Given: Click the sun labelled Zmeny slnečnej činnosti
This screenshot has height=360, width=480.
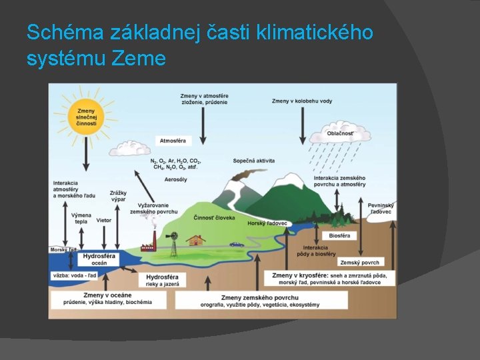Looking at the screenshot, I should tap(87, 117).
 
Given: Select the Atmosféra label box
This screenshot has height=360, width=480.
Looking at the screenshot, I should tap(173, 141).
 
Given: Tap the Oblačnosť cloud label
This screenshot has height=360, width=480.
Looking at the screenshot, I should tap(340, 133).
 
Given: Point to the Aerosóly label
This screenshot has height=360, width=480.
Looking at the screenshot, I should tap(174, 180).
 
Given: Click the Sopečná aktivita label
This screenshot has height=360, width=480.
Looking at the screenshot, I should tap(254, 161).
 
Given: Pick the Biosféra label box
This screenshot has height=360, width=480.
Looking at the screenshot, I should tap(339, 235).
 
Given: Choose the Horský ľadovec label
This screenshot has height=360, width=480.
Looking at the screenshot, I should tap(267, 223).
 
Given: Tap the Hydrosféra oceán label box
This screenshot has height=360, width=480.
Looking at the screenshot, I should tap(99, 259).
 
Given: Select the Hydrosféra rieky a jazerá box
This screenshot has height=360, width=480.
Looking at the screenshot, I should tap(162, 280).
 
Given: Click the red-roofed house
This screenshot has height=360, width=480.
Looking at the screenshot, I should tap(196, 240).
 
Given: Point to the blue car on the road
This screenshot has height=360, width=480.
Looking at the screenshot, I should tap(237, 244).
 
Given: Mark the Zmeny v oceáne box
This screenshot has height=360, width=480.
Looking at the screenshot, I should tap(108, 299).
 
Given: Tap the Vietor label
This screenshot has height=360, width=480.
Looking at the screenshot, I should tap(104, 220).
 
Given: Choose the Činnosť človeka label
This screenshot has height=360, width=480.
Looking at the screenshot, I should tap(214, 218).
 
